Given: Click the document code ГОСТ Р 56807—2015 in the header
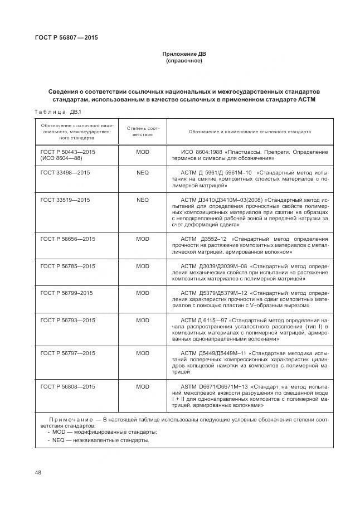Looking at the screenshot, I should point(62,38).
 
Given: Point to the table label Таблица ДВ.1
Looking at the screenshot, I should point(58,112).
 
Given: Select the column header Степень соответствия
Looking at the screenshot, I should point(143,132).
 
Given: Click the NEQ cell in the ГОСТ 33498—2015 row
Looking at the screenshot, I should point(143,173).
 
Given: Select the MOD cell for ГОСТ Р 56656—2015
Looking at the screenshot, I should point(143,239).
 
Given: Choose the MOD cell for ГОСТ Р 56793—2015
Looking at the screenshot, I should point(143,320).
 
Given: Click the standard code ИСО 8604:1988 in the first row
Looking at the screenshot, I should point(204,152).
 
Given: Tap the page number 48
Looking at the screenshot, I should point(38,472).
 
